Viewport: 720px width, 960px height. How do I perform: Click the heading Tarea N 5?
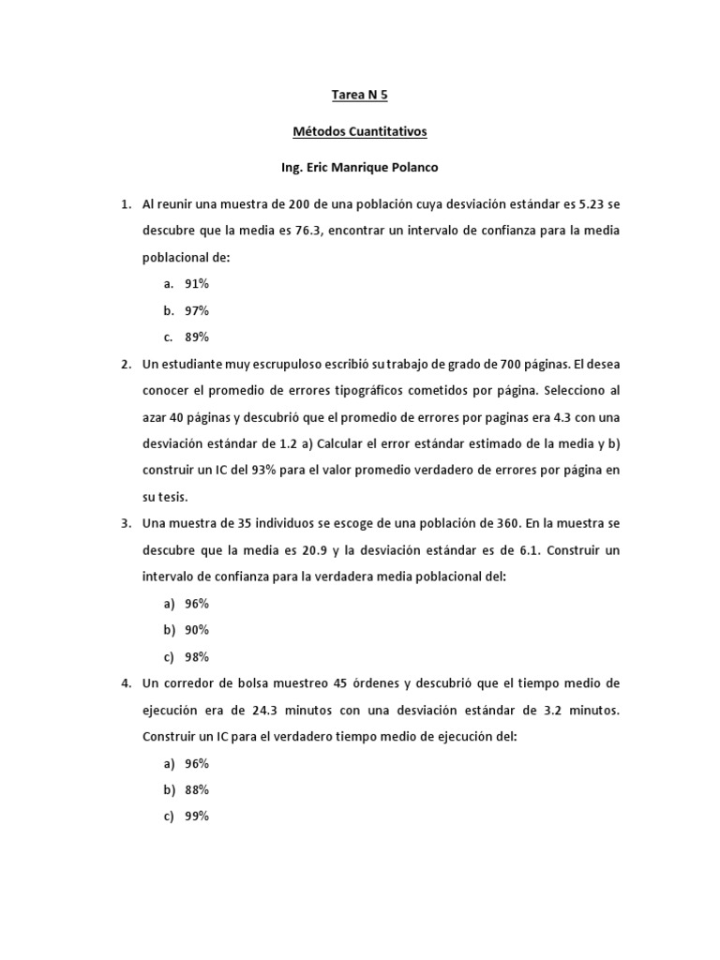[x=360, y=95]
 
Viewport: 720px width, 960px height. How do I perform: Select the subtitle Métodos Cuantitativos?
[x=360, y=132]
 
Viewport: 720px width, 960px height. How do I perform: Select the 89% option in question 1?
[x=196, y=337]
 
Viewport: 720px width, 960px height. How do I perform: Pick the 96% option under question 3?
[x=196, y=604]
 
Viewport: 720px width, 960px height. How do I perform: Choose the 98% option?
[x=196, y=657]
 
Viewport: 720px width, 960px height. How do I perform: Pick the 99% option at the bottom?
[x=196, y=817]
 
